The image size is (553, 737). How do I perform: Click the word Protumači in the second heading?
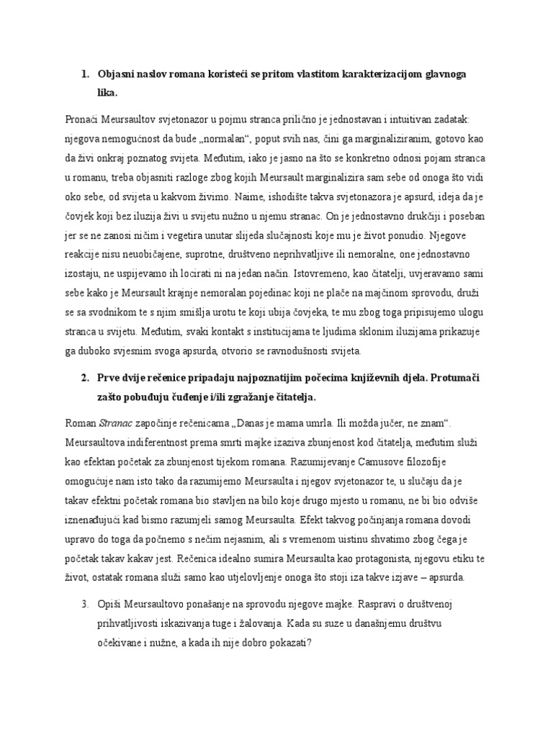coord(456,379)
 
